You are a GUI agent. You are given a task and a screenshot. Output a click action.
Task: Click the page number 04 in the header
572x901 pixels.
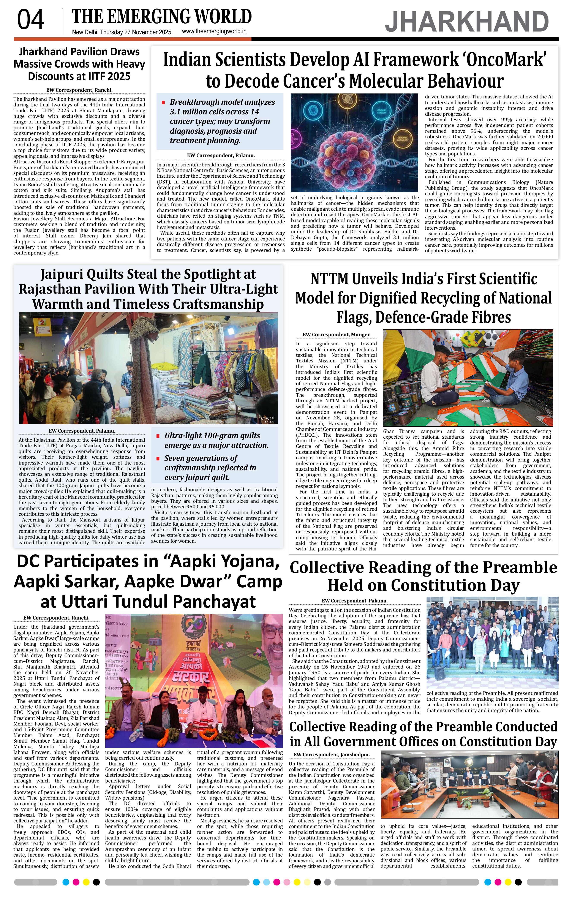31,20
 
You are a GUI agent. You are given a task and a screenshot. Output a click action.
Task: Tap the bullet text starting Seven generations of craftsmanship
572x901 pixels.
210,468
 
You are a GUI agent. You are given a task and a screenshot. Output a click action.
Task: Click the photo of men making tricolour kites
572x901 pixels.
468,378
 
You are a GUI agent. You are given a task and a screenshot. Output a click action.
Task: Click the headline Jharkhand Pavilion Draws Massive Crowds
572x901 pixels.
79,64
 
